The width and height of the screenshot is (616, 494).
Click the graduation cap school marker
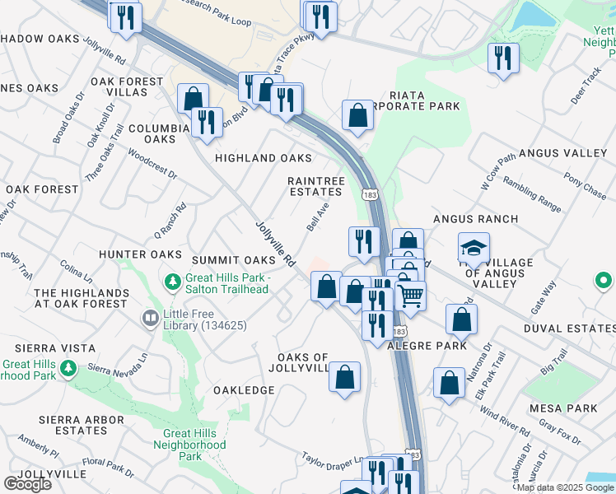[x=474, y=247]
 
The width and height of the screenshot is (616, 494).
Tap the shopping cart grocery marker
[x=410, y=294]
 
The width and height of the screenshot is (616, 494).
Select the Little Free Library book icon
[x=150, y=318]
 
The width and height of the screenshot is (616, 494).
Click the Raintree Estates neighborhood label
[x=314, y=186]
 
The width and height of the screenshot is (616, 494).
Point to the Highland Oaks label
[x=263, y=157]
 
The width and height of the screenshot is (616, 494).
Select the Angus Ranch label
[x=475, y=219]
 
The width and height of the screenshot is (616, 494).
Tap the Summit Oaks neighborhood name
[x=232, y=260]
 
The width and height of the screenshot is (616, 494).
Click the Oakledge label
[x=244, y=389]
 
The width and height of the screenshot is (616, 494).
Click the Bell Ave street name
[x=318, y=216]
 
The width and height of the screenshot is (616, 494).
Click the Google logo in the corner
[x=27, y=483]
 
